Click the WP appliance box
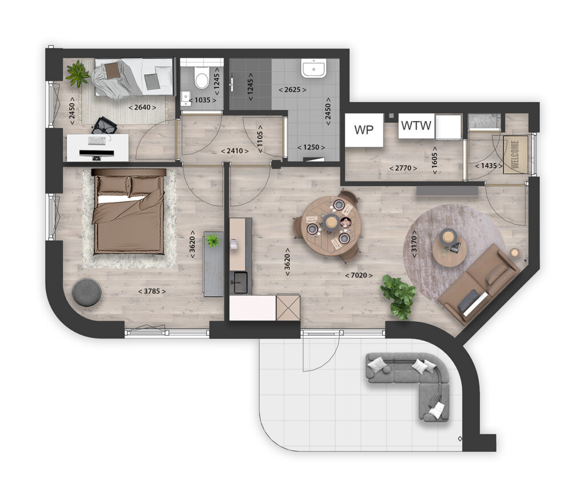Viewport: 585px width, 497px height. (364, 130)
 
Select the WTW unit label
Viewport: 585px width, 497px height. (416, 126)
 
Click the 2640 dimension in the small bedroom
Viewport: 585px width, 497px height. (142, 107)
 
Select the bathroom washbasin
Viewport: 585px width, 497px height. (314, 68)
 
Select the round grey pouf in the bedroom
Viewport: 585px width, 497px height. (87, 292)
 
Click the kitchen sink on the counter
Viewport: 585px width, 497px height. (239, 281)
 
